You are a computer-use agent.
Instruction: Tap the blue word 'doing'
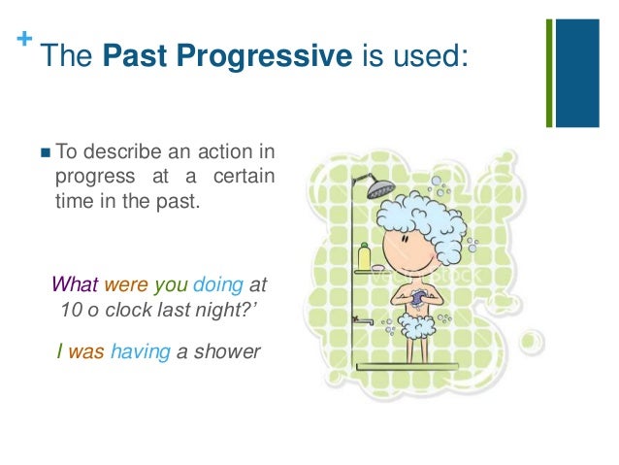coord(218,285)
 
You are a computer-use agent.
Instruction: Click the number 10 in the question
coord(70,311)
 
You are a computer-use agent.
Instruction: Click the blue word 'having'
coord(139,352)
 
